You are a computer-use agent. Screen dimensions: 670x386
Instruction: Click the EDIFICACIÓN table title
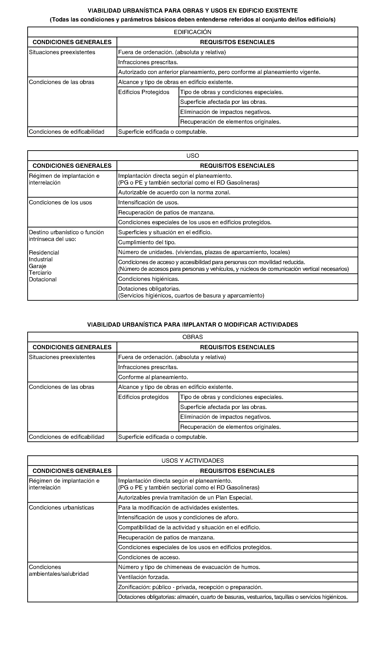tap(193, 32)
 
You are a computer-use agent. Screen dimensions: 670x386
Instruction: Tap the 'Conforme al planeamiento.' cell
tap(153, 377)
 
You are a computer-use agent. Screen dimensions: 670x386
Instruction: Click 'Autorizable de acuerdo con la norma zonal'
tap(174, 192)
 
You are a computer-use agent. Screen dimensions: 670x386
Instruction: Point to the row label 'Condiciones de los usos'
tap(60, 203)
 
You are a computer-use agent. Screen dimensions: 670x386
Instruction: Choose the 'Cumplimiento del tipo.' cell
tap(147, 242)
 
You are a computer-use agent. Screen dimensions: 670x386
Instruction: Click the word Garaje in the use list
tap(38, 266)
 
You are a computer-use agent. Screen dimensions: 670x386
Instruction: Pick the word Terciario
tap(40, 273)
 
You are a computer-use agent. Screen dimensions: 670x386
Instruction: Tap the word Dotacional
tap(43, 279)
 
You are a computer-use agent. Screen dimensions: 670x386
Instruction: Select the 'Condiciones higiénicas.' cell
tap(148, 279)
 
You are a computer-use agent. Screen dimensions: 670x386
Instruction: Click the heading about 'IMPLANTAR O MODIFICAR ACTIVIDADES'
tap(193, 325)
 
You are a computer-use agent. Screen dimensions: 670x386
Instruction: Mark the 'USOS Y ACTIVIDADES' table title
tap(193, 461)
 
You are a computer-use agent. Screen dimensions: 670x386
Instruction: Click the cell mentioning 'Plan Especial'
tap(185, 498)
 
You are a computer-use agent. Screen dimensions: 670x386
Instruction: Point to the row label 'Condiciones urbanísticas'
tap(62, 508)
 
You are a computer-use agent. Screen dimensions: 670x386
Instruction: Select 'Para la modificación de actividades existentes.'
tap(178, 508)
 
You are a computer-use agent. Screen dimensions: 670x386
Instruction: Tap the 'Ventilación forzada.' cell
tap(144, 577)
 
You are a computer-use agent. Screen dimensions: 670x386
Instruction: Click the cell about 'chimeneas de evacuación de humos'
tap(189, 567)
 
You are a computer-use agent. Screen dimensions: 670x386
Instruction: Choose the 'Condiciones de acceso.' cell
tap(149, 557)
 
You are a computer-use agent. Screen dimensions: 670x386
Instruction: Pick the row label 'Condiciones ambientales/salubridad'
tap(59, 571)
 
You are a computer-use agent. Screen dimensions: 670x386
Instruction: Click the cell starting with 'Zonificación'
tap(190, 587)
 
